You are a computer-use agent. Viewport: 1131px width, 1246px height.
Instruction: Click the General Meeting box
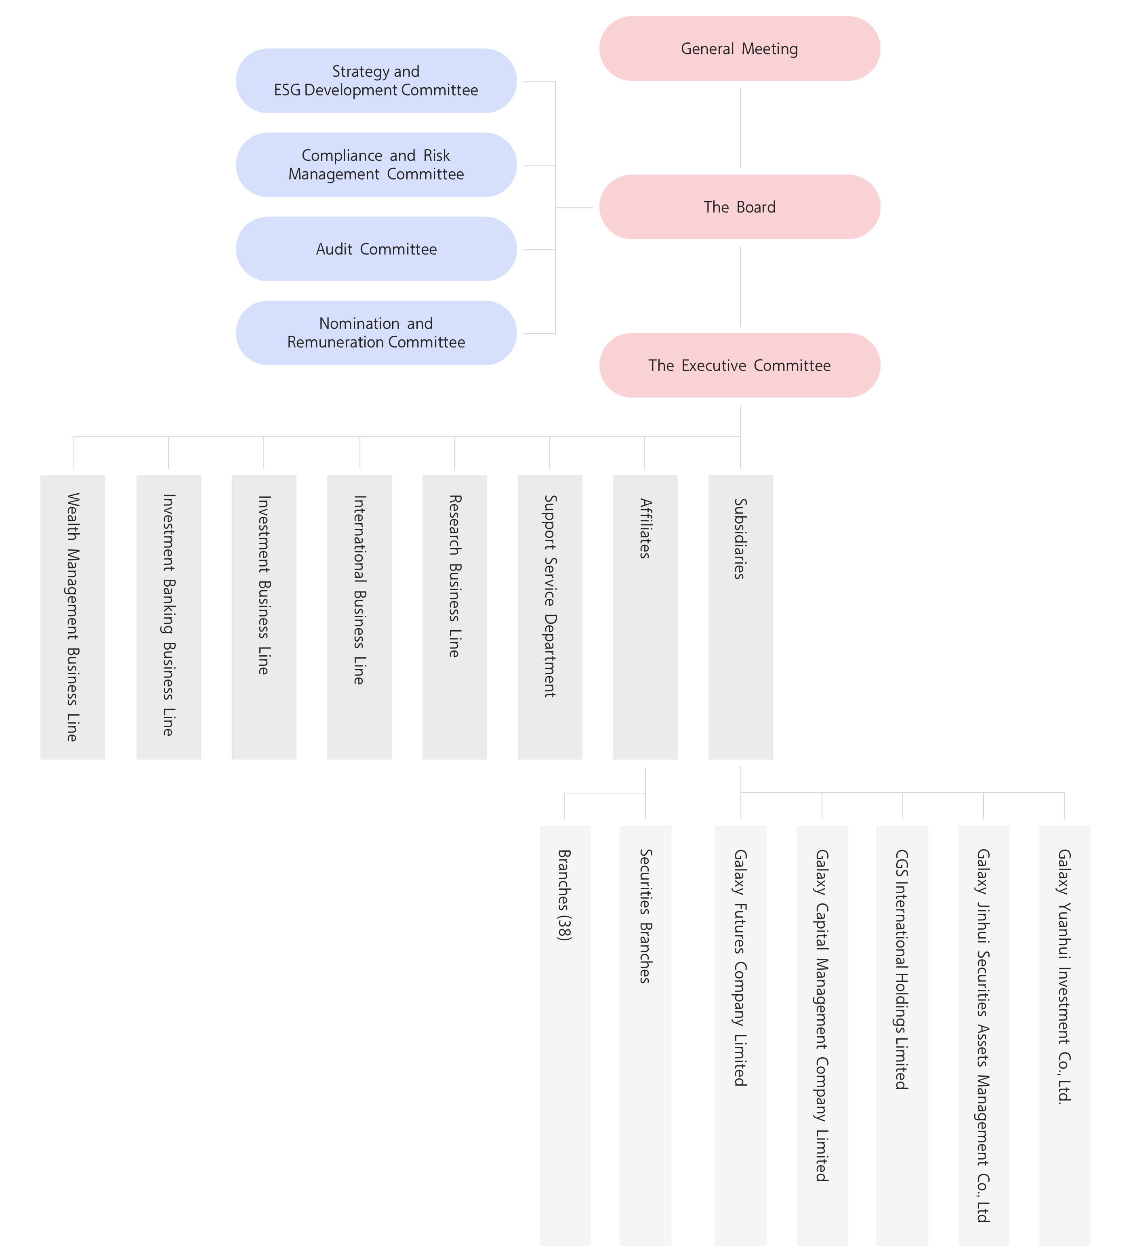(739, 49)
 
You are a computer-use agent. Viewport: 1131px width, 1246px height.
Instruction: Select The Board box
(739, 207)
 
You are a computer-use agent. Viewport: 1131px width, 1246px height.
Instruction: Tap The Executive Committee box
(739, 365)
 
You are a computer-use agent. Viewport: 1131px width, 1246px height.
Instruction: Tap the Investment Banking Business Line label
(168, 615)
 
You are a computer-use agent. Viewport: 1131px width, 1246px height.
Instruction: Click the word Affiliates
(645, 528)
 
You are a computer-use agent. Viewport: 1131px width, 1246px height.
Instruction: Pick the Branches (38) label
(565, 895)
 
